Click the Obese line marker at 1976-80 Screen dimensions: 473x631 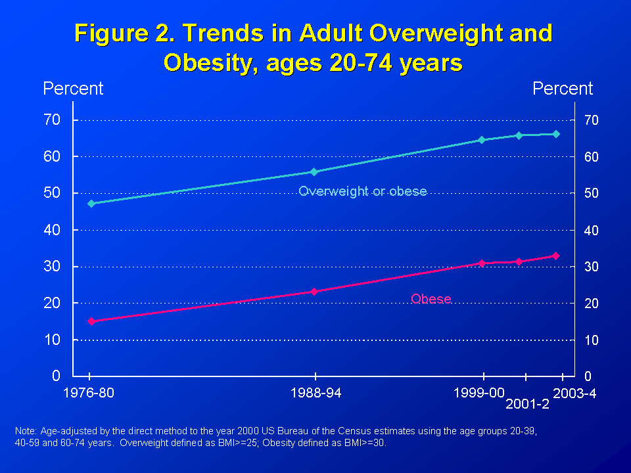point(91,321)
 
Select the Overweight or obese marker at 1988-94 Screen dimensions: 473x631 point(314,172)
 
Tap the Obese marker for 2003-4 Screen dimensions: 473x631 point(555,256)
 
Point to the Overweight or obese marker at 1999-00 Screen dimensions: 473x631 point(481,140)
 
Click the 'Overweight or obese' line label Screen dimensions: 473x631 point(363,192)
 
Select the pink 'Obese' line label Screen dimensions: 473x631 point(431,299)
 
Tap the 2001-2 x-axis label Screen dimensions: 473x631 point(527,405)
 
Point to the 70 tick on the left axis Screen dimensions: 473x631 point(52,120)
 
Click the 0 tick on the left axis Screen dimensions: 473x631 point(57,376)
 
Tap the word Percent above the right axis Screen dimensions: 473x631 point(563,89)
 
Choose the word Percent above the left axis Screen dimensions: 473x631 point(73,89)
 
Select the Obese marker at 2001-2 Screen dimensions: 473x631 point(519,261)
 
